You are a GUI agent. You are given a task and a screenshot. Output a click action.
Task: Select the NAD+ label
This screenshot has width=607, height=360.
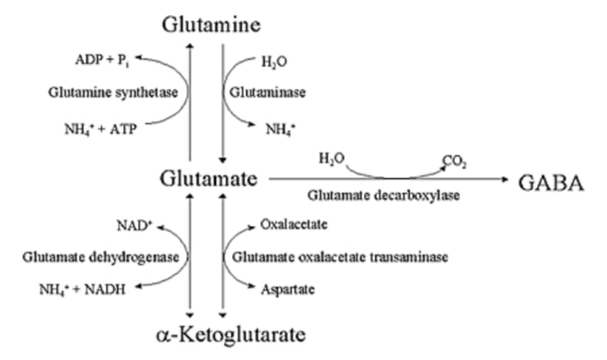[126, 224]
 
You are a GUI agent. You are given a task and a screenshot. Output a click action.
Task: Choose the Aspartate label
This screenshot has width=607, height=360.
[281, 291]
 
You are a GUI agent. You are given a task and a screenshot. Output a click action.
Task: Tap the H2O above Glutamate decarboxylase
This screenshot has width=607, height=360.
[331, 160]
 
